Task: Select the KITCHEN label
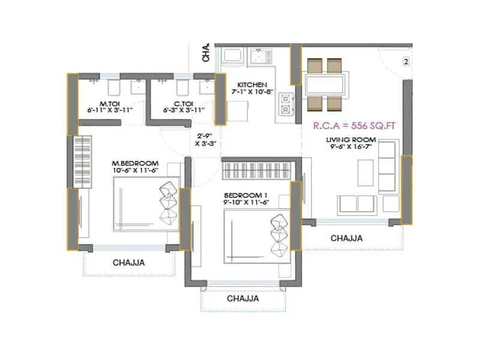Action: (x=251, y=85)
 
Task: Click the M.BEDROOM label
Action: (x=135, y=163)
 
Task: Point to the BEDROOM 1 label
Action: (x=246, y=196)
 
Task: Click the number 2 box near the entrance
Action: (x=406, y=62)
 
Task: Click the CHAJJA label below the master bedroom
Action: (x=129, y=262)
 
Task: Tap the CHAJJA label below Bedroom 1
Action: (x=242, y=298)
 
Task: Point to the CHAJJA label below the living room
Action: (x=347, y=238)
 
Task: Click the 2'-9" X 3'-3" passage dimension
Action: (x=204, y=139)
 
